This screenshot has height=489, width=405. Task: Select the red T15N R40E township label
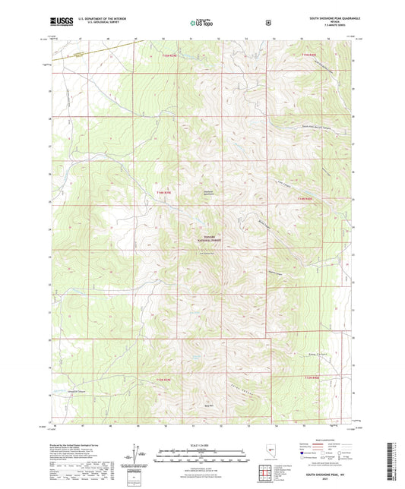coord(307,55)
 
